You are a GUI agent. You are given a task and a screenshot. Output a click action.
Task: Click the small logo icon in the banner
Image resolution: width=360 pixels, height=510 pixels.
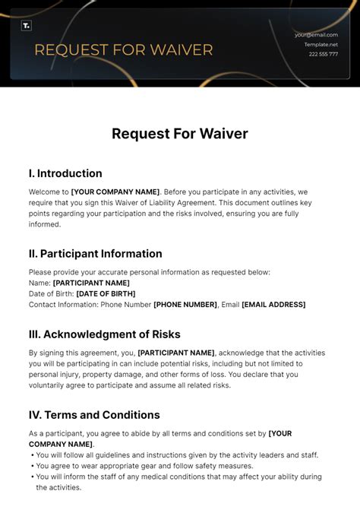coord(27,26)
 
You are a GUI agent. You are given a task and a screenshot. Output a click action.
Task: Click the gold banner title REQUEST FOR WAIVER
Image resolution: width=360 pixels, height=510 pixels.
coord(124,51)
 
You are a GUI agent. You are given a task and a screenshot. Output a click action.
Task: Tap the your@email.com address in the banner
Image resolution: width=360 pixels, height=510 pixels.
coord(316,35)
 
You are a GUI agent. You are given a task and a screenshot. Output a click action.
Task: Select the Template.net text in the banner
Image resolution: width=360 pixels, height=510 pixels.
coord(321,45)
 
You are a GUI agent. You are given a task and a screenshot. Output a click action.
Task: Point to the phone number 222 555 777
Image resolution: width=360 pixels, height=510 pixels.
coord(323,55)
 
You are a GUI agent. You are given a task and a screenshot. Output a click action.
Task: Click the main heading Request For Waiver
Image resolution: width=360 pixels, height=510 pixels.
coord(180,134)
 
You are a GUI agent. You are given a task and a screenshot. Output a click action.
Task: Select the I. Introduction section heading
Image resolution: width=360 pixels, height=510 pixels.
coord(65,173)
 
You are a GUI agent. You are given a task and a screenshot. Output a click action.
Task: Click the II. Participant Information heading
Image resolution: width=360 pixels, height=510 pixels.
coord(96,253)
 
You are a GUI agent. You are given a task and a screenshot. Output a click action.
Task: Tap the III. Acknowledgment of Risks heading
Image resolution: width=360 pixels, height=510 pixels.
coord(105,334)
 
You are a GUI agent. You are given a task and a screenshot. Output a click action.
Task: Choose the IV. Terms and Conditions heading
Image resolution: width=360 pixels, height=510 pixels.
coord(94,415)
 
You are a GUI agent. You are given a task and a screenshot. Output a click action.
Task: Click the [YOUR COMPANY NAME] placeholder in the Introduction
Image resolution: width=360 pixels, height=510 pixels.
coord(115,192)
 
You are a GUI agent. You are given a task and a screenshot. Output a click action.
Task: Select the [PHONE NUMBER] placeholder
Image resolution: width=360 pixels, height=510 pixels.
coord(185,304)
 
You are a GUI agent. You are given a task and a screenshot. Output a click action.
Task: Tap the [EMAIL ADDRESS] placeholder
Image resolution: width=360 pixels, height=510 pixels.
coord(273,304)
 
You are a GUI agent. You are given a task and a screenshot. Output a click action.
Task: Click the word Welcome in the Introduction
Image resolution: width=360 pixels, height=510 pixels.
coord(43,192)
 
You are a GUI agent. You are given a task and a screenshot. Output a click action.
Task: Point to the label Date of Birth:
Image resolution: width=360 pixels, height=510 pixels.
coord(52,293)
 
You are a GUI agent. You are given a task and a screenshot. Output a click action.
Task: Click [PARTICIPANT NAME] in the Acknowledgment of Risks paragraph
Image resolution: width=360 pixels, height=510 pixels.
coord(176,353)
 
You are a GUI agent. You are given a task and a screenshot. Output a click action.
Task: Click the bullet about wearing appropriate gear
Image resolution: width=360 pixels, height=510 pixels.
coord(144,466)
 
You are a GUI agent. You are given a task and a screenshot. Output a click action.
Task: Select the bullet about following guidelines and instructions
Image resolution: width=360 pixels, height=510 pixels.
coord(177,455)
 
